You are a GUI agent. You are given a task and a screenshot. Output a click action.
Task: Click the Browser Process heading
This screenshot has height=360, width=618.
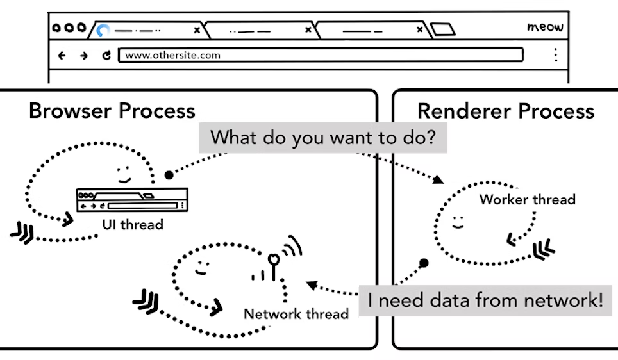(112, 111)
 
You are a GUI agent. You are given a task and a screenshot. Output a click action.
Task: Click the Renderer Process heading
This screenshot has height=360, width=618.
(505, 111)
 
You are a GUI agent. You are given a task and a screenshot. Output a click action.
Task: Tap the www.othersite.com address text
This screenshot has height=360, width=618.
(172, 55)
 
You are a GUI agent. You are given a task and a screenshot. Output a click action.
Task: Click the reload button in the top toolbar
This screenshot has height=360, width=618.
(106, 55)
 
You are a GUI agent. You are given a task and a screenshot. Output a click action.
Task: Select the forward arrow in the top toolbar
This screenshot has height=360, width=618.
(84, 55)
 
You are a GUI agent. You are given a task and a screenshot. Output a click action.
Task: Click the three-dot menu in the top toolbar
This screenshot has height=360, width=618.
(555, 54)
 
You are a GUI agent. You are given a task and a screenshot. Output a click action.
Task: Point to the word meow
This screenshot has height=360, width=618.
(545, 27)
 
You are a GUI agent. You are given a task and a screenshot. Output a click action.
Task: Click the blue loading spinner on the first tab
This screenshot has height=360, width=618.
(103, 29)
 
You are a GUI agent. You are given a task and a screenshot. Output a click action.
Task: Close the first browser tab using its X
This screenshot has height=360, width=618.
(197, 29)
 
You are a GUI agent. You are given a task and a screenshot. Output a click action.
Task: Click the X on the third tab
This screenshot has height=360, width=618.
(420, 29)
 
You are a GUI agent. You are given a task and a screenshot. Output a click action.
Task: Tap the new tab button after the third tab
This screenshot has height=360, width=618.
(442, 29)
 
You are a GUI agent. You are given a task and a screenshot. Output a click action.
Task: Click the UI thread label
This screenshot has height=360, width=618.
(133, 224)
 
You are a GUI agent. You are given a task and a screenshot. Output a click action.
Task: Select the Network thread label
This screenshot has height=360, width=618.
(296, 314)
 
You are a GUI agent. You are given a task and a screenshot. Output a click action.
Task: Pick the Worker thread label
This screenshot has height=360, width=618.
(527, 199)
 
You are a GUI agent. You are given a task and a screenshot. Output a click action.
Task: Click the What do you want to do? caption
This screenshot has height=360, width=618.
(328, 137)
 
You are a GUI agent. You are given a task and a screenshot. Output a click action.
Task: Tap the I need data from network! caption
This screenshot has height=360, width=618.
(485, 300)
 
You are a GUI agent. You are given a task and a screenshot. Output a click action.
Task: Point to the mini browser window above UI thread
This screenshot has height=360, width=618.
(131, 200)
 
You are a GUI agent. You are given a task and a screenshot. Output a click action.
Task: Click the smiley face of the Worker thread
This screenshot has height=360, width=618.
(457, 222)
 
